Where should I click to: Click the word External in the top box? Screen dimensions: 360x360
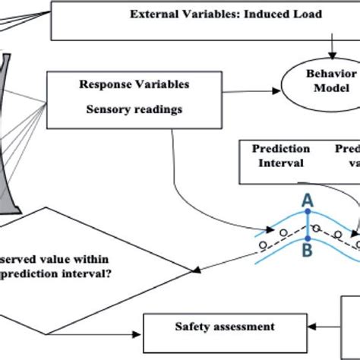click(x=155, y=14)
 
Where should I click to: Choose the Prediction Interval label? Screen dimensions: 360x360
click(x=280, y=155)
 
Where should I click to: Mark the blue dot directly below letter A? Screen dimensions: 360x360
click(x=308, y=213)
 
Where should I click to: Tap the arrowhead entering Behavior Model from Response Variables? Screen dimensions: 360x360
click(x=281, y=93)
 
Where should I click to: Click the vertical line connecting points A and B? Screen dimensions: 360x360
click(x=308, y=224)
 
